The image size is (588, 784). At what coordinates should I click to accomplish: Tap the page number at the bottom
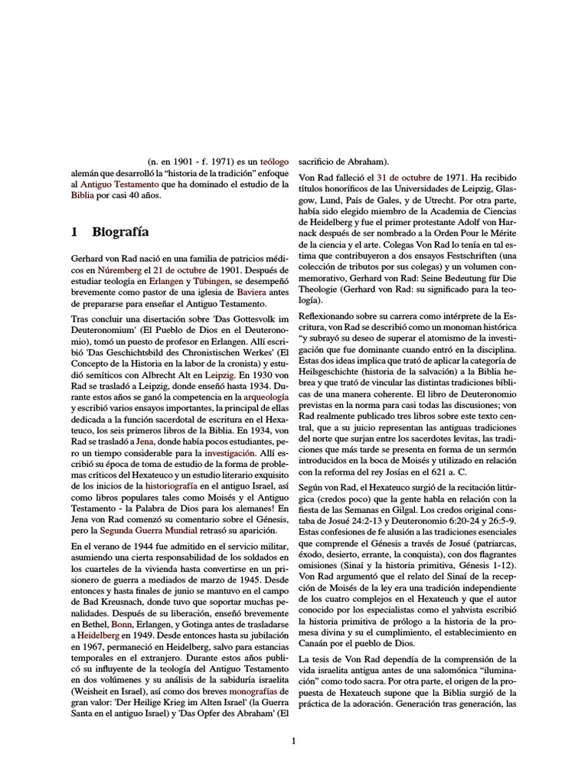coord(293,741)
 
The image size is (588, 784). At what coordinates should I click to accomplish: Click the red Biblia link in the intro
coord(81,195)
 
